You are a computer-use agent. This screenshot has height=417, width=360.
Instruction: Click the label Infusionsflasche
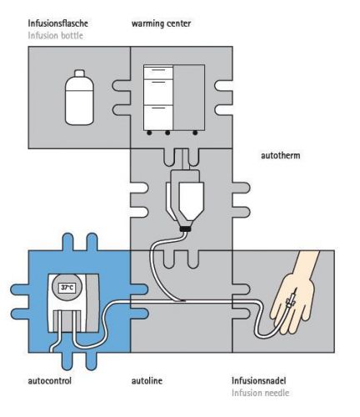[57, 23]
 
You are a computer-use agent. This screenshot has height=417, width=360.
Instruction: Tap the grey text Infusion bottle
[55, 36]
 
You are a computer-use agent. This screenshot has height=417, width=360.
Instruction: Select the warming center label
[161, 23]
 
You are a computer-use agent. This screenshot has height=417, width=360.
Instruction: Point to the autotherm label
[281, 155]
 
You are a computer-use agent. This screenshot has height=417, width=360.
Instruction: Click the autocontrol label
[50, 380]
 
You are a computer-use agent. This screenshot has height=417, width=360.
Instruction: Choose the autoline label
[147, 380]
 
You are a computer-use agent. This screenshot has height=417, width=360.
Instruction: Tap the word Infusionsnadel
[258, 380]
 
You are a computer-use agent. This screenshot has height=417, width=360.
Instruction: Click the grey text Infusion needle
[260, 393]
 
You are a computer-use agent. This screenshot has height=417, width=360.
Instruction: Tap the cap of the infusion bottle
[79, 73]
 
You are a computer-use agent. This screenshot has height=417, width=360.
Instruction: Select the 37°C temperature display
[67, 288]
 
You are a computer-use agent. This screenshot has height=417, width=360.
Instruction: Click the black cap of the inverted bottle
[185, 229]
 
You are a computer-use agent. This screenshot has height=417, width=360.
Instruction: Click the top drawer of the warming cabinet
[158, 72]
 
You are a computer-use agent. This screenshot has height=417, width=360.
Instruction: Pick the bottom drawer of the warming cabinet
[158, 118]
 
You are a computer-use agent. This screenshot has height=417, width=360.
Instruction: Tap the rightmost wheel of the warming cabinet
[195, 133]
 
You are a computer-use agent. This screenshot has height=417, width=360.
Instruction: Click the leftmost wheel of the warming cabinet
[149, 133]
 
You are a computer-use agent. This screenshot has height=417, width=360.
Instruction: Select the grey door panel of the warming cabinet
[189, 98]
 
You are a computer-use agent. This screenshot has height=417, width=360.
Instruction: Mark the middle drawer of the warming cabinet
[158, 92]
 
